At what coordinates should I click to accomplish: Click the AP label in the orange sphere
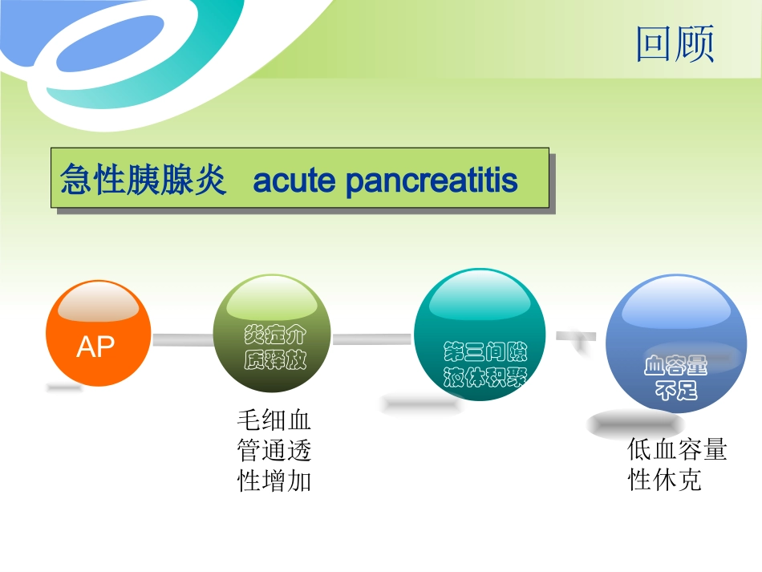[95, 347]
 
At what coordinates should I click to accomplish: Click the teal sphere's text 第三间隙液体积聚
[484, 365]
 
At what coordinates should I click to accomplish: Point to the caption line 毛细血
[274, 420]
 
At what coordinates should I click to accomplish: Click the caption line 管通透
[274, 450]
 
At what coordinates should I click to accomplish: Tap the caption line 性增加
[274, 481]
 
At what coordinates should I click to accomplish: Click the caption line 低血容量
[676, 449]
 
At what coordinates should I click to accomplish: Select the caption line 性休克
[664, 480]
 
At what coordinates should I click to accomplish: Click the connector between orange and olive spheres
[182, 340]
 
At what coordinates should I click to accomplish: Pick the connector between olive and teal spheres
[372, 339]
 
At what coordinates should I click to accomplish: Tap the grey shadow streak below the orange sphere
[63, 388]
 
